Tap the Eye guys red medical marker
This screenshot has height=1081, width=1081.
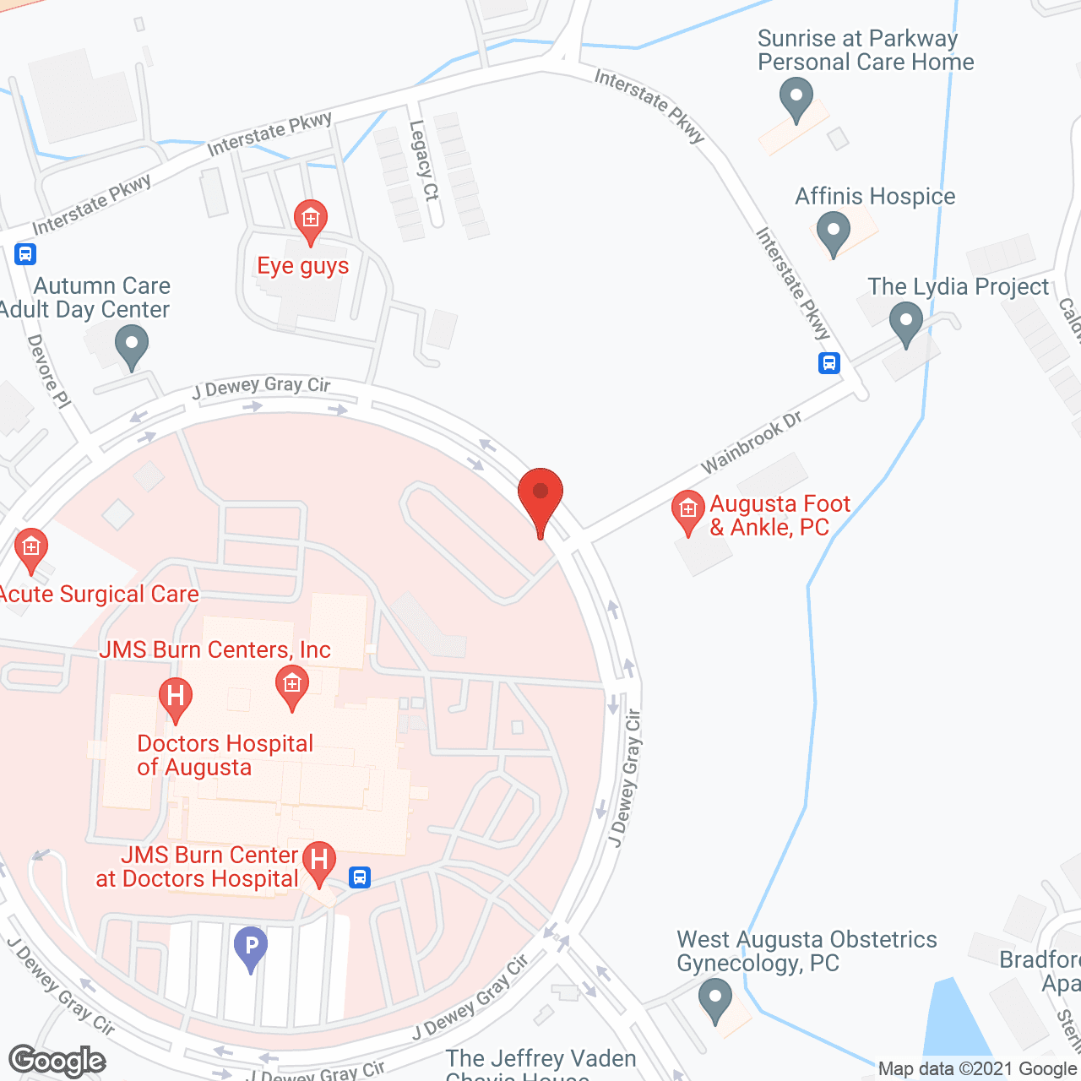pos(310,220)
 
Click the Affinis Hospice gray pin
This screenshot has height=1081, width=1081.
pos(834,231)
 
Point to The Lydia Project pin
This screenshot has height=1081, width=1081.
pos(906,323)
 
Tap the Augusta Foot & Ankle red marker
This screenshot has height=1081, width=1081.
pos(687,511)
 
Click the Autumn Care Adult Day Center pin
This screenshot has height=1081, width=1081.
pos(131,346)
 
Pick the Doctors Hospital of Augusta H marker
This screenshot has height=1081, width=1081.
pos(176,698)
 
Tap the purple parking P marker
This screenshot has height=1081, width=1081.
pos(250,947)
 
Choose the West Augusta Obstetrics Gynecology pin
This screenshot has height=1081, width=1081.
pos(715,999)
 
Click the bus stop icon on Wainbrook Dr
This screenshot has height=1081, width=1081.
pos(829,363)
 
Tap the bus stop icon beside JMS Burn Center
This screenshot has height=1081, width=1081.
pos(360,877)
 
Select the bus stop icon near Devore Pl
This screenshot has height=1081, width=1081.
pos(25,253)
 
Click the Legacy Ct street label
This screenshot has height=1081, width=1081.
pos(424,160)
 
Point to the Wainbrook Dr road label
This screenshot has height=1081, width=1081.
pos(751,443)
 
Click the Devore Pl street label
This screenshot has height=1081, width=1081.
pos(49,372)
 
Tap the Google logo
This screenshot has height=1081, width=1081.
pos(57,1061)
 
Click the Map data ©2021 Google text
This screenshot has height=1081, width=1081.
pos(977,1069)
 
